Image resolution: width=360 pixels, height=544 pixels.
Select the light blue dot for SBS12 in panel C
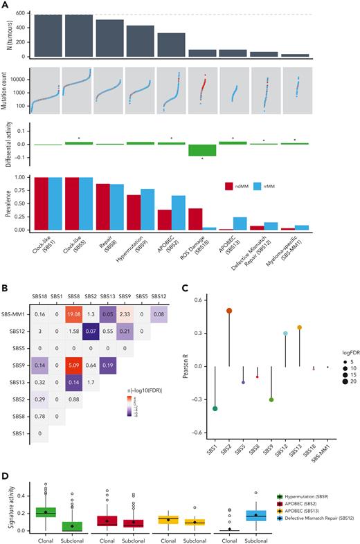(x=285, y=334)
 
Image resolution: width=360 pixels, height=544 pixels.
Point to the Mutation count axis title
(x=6, y=91)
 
